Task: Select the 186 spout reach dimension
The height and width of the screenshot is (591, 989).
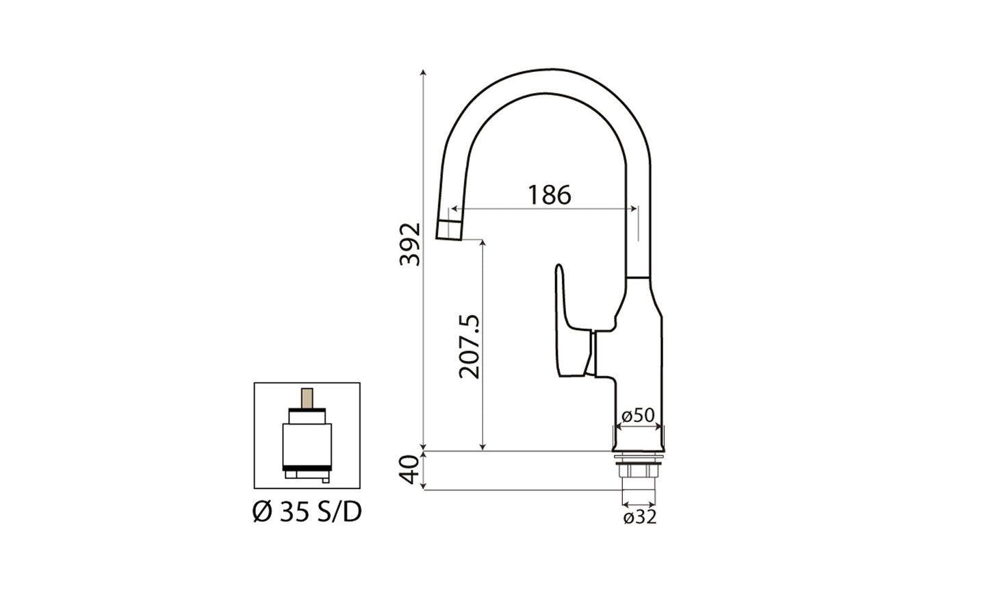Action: click(x=549, y=195)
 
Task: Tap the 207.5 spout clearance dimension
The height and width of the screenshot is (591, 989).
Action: click(x=470, y=347)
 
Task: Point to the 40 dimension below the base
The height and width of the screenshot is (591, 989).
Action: click(x=410, y=470)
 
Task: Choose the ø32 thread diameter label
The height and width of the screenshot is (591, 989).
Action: click(x=640, y=518)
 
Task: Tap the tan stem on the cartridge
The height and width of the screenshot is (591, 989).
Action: click(x=307, y=399)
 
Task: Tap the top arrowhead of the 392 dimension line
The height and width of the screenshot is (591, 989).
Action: click(x=424, y=72)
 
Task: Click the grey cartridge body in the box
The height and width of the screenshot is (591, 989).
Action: click(x=307, y=444)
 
